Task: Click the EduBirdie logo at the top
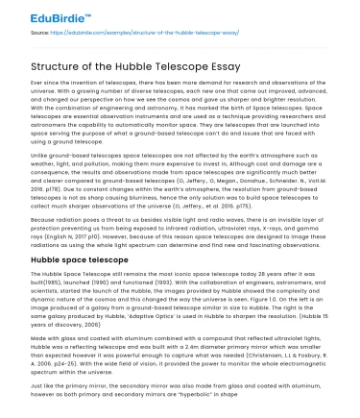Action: click(39, 13)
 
